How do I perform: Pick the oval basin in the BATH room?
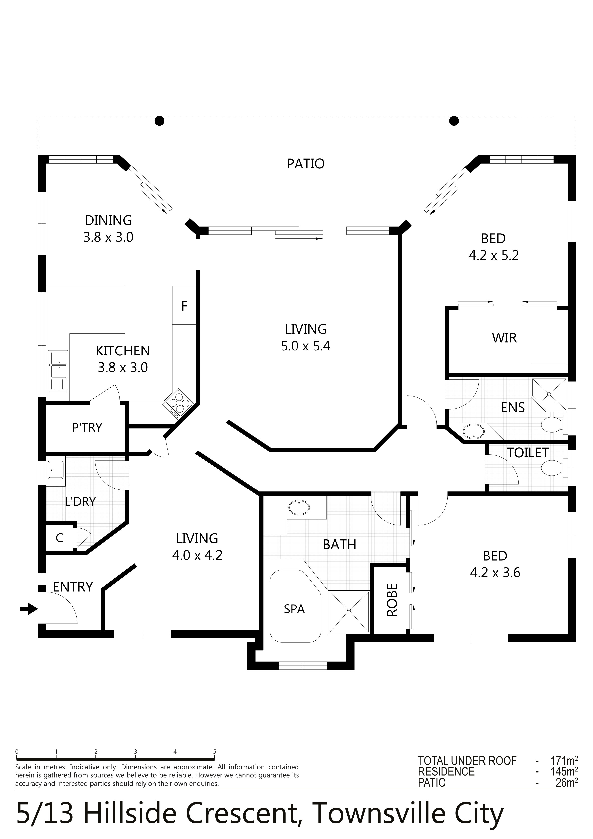tap(299, 508)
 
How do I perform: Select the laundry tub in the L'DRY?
tap(56, 470)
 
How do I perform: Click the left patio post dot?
tap(159, 120)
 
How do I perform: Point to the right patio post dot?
tap(454, 120)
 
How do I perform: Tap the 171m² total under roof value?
tap(564, 761)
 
